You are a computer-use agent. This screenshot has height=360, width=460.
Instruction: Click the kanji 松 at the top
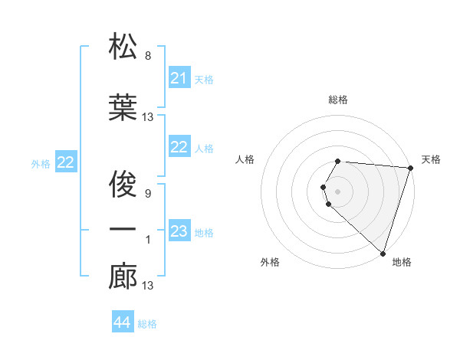123,47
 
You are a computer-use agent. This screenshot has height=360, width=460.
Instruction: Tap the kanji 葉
123,106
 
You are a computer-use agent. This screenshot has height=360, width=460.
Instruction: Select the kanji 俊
123,183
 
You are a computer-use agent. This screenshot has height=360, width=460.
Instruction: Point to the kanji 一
123,230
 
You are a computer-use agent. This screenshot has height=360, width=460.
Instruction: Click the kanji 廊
123,277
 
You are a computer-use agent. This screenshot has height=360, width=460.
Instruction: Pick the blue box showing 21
179,78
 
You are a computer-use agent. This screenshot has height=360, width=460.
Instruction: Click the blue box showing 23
179,231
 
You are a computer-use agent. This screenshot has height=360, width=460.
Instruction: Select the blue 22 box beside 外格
66,162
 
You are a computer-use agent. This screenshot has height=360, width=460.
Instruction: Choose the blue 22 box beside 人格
179,147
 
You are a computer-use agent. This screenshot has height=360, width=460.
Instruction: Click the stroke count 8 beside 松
148,55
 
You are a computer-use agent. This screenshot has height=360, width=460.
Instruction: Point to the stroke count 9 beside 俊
148,193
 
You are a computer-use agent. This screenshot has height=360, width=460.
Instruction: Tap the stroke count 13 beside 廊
148,286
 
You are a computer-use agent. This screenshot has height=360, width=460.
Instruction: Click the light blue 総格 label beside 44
147,323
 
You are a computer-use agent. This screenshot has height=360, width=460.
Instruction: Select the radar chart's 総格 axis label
337,100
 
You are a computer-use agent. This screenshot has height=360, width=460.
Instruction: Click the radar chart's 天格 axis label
431,159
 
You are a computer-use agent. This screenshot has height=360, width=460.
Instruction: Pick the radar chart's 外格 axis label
270,262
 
